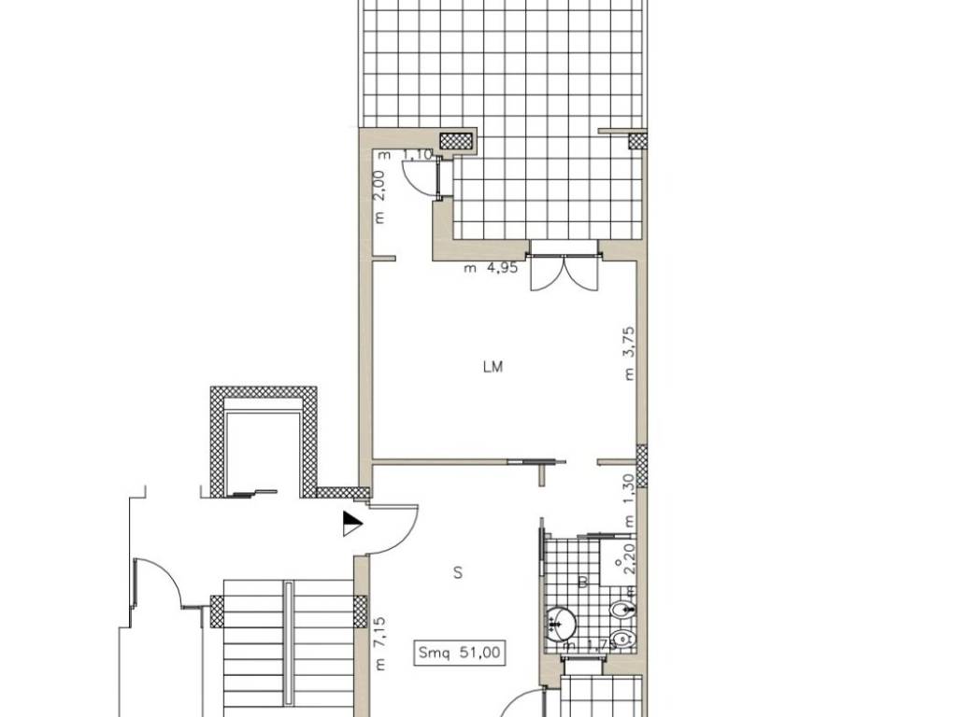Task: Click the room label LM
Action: [493, 367]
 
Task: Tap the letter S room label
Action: [458, 573]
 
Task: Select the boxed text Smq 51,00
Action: [463, 654]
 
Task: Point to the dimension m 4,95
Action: [492, 269]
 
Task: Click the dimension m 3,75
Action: [631, 353]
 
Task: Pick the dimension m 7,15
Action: [379, 643]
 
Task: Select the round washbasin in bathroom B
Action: [561, 620]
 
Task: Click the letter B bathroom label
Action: [581, 583]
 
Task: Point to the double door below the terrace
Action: [563, 270]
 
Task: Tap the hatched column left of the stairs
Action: [218, 612]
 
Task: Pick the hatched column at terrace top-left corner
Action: [457, 141]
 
